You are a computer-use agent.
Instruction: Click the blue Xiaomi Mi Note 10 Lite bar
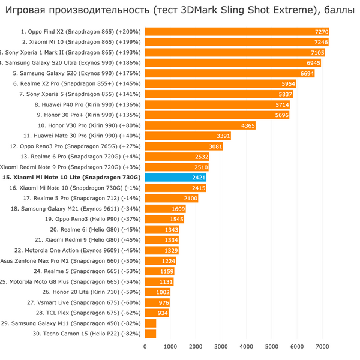pyautogui.click(x=176, y=178)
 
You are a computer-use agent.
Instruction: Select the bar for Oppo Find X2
pyautogui.click(x=238, y=32)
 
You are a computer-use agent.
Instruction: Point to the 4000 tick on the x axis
pyautogui.click(x=247, y=346)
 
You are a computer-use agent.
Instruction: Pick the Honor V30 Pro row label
pyautogui.click(x=89, y=125)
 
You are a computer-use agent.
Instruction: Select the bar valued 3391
pyautogui.click(x=188, y=136)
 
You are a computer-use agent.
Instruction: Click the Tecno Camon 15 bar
pyautogui.click(x=151, y=334)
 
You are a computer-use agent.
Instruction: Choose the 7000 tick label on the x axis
pyautogui.click(x=322, y=346)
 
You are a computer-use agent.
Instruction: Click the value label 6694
pyautogui.click(x=307, y=74)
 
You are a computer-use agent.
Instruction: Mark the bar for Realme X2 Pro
pyautogui.click(x=220, y=84)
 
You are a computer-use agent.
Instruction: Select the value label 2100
pyautogui.click(x=191, y=199)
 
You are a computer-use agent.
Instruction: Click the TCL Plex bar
pyautogui.click(x=157, y=313)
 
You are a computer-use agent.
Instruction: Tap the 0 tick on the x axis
pyautogui.click(x=145, y=346)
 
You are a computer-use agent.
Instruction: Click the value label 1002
pyautogui.click(x=163, y=292)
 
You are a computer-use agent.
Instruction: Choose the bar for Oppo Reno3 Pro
pyautogui.click(x=184, y=146)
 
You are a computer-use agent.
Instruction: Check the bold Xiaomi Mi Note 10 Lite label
pyautogui.click(x=71, y=178)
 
